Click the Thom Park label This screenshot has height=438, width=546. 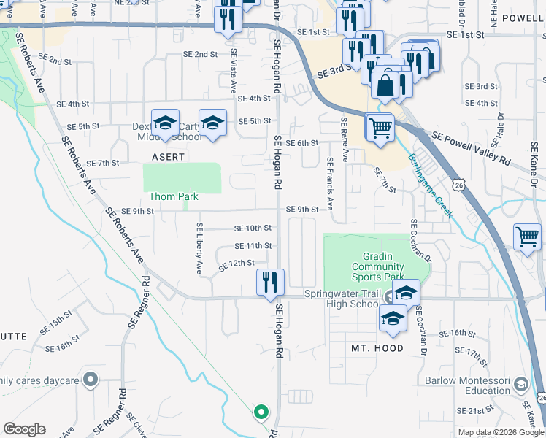click(x=174, y=196)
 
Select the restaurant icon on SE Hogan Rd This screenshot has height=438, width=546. click(x=270, y=282)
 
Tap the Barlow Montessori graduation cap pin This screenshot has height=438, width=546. click(x=521, y=385)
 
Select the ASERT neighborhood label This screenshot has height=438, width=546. click(x=168, y=157)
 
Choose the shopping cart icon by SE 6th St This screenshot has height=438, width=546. click(x=380, y=128)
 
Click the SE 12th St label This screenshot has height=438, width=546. click(x=237, y=263)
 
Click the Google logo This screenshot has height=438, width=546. click(x=25, y=429)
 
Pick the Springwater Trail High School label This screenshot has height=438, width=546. click(x=343, y=299)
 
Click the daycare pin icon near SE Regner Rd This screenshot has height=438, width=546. click(x=91, y=379)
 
